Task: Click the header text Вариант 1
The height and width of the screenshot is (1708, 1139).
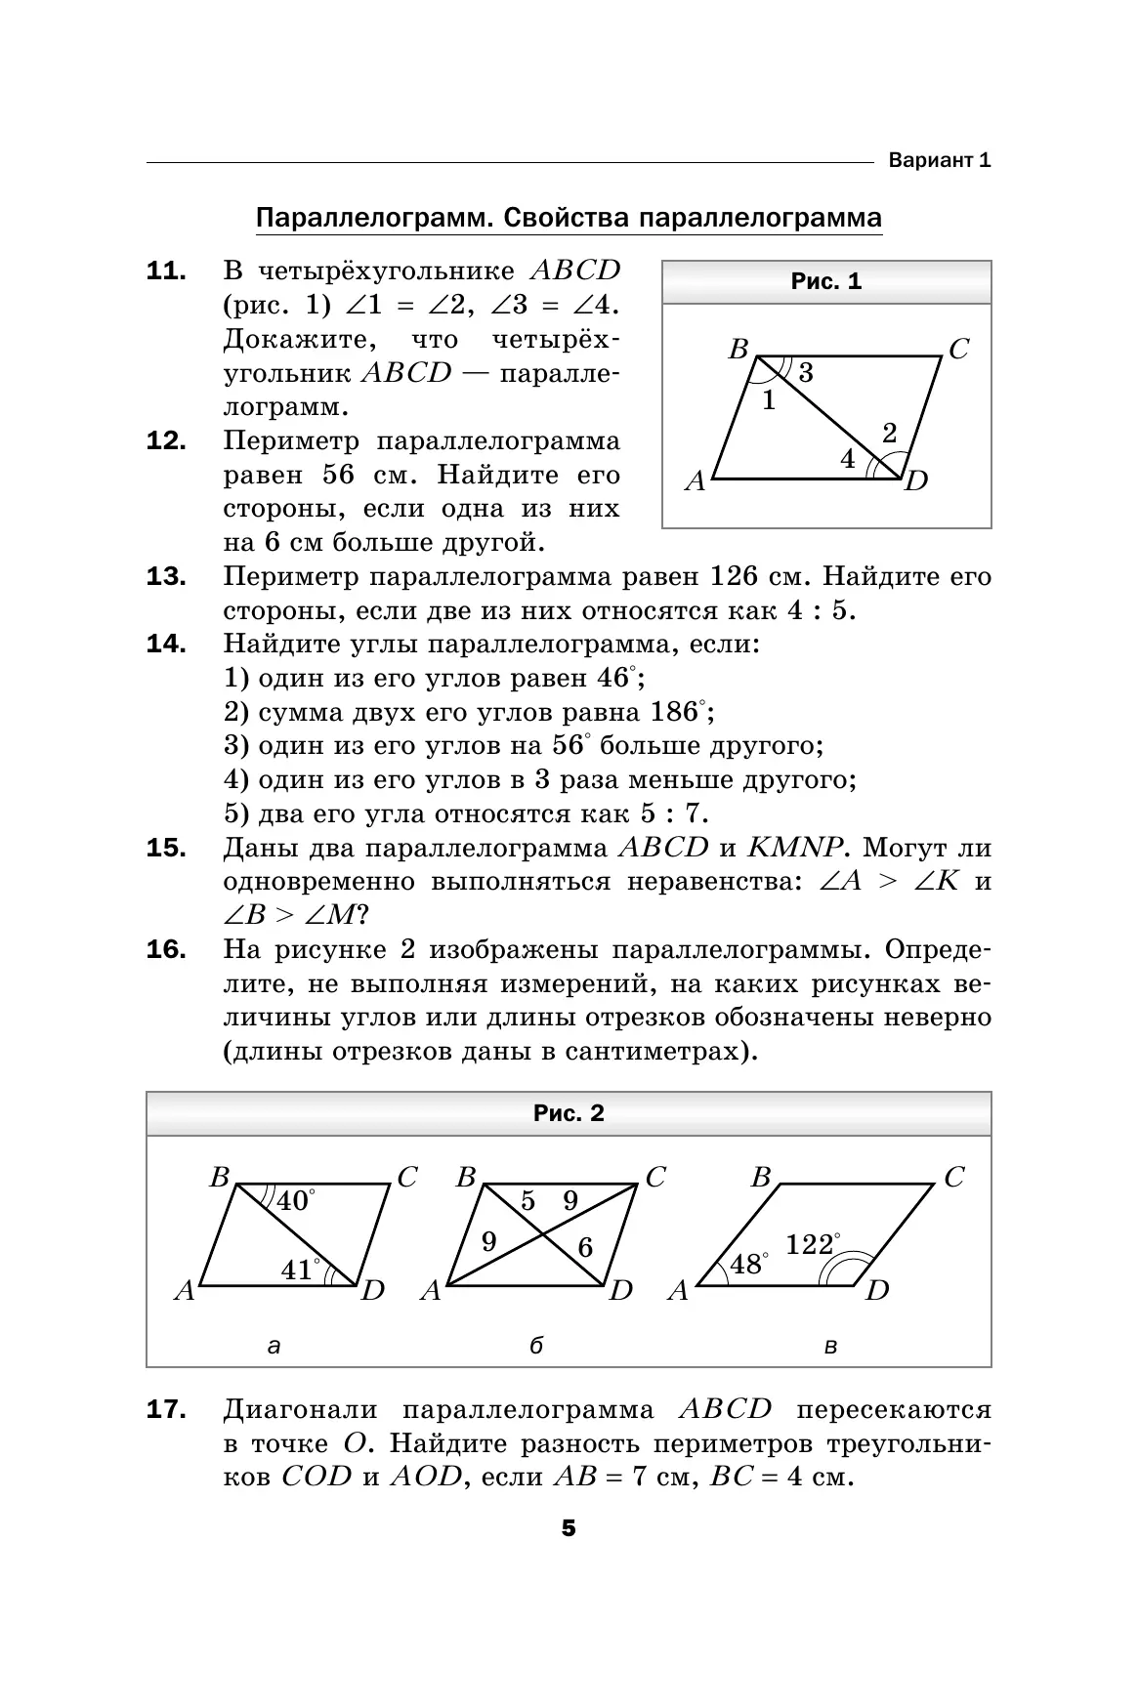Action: pos(939,160)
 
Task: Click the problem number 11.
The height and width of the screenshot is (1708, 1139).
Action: pos(166,271)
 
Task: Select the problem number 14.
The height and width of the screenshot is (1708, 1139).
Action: pos(166,644)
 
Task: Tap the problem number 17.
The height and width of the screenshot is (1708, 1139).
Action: pos(166,1409)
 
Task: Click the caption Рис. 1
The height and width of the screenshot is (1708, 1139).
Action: pos(825,282)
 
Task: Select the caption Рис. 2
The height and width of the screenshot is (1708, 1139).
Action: pos(569,1113)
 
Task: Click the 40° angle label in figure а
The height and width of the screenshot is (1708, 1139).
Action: pos(295,1200)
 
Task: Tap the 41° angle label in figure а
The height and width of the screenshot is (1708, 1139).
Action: pos(299,1270)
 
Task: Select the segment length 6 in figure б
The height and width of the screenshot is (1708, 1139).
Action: pos(584,1246)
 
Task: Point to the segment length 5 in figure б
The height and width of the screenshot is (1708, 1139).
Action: pos(527,1201)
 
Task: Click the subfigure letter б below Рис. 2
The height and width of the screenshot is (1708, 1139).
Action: pos(535,1347)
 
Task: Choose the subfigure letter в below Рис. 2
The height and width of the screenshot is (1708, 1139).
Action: pos(830,1347)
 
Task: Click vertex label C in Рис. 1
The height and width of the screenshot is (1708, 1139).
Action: pos(958,350)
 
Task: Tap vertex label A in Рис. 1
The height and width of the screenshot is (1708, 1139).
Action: pos(695,480)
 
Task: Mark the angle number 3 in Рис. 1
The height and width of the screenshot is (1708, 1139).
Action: pos(805,372)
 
